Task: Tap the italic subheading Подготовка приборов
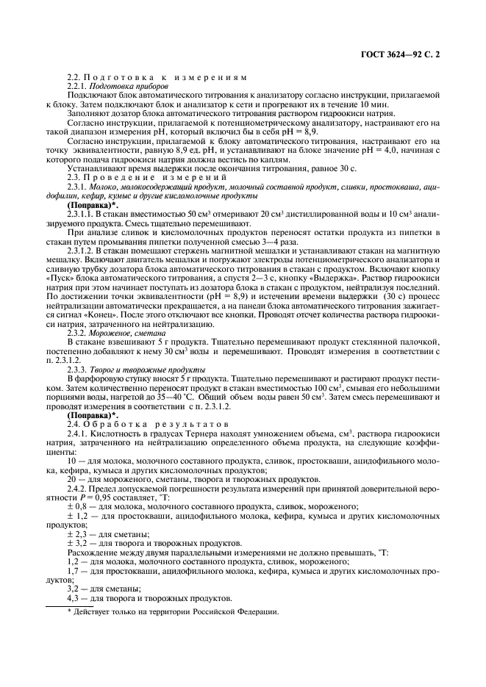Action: (124, 87)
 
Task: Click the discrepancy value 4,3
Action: (73, 597)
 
